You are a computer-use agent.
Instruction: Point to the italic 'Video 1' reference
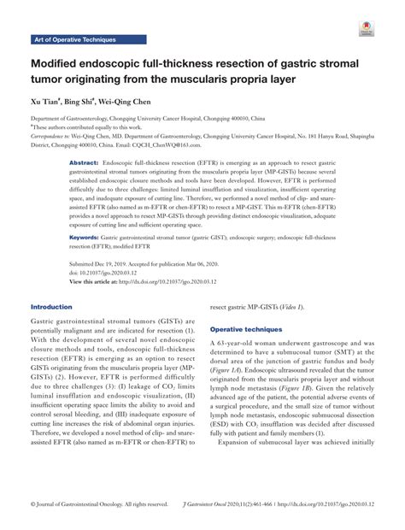click(x=287, y=305)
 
